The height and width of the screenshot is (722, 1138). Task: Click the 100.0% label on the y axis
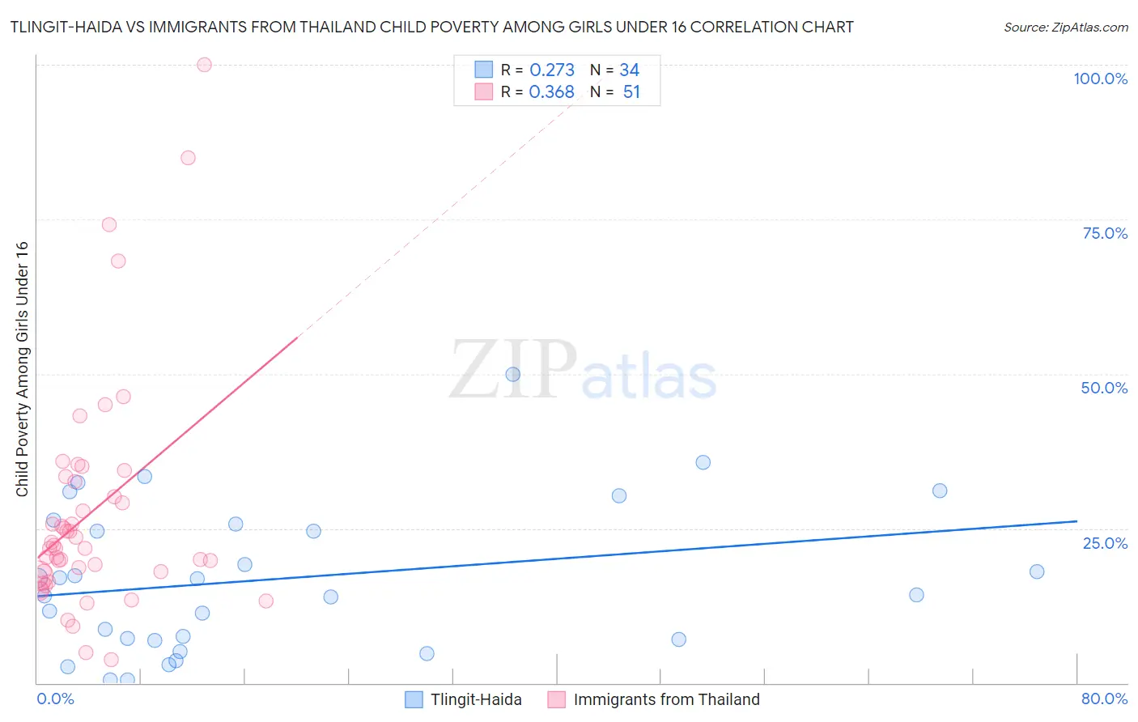[1100, 79]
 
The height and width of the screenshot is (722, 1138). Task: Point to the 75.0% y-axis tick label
[1105, 233]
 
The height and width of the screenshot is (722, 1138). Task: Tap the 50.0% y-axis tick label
[1104, 388]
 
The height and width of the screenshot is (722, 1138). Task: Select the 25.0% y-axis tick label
[1105, 543]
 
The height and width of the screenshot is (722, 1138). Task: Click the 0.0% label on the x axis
[55, 699]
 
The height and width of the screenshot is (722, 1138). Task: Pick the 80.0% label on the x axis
[1104, 699]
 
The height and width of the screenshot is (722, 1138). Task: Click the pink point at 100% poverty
[204, 65]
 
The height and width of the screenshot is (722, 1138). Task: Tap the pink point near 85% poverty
[188, 158]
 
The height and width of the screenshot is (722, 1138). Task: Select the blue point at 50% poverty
[512, 374]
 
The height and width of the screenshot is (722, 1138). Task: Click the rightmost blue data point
[1037, 571]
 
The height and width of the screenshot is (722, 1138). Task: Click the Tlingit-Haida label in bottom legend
[476, 699]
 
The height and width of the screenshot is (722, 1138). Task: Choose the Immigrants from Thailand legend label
[666, 699]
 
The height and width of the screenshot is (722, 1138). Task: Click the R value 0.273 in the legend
[552, 70]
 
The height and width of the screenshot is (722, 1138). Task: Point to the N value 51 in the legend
[631, 92]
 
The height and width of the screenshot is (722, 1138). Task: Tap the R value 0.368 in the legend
[551, 92]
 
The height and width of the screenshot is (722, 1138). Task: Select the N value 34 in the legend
[629, 70]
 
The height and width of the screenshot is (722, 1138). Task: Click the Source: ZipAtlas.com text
[1065, 28]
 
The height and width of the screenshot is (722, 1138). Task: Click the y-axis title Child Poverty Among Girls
[22, 368]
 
